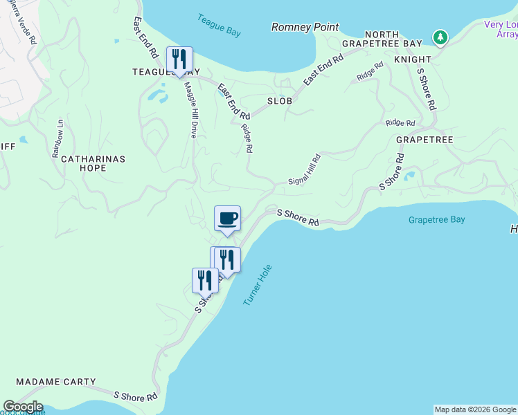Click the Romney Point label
(305, 27)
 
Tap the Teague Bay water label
(219, 22)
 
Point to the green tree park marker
(439, 37)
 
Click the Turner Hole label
(258, 285)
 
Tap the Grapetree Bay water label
(436, 220)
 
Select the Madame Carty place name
(55, 382)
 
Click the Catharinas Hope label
(93, 163)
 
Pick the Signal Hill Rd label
(305, 169)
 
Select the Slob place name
(280, 101)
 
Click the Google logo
(23, 407)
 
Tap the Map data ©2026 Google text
(475, 409)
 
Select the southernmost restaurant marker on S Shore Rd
(204, 280)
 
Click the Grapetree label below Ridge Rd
(425, 140)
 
